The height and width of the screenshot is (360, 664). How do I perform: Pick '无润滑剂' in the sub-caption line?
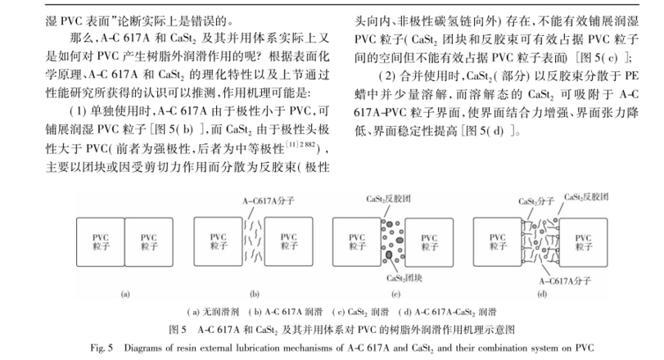205,312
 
